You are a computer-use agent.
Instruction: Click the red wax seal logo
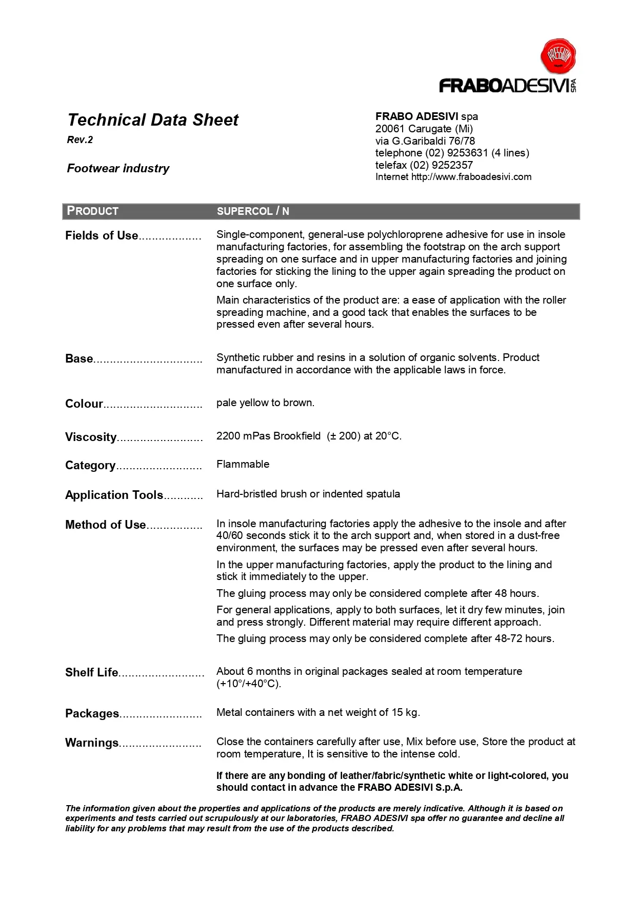558,55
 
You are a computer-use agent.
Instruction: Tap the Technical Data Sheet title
153,120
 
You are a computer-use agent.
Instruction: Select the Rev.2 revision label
80,140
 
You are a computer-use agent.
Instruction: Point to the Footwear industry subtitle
118,168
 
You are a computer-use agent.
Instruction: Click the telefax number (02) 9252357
441,165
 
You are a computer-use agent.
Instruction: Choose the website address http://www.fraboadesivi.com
471,177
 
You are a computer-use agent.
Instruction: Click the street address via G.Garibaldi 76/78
425,141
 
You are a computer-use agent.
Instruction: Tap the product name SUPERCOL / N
253,211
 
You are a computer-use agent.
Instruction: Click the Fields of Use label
102,235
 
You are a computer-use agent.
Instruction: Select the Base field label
79,358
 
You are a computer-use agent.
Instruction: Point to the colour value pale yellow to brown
265,403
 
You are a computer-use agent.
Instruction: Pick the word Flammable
243,464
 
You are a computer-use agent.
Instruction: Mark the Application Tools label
114,495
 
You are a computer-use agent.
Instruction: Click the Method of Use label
105,525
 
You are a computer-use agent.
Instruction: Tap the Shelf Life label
91,672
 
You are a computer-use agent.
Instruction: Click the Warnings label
92,743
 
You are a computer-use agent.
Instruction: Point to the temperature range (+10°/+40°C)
249,684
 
